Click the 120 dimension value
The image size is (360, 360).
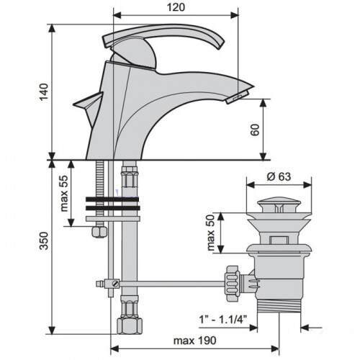[176, 7]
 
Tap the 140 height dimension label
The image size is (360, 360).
[44, 92]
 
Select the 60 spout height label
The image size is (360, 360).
[255, 130]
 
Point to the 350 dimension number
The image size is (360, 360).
[44, 240]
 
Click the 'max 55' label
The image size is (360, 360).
[64, 194]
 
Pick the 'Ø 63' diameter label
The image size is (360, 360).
[279, 177]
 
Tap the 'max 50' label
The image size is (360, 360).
[210, 233]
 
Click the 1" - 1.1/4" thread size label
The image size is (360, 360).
[223, 320]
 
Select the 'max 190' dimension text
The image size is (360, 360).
[195, 341]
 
